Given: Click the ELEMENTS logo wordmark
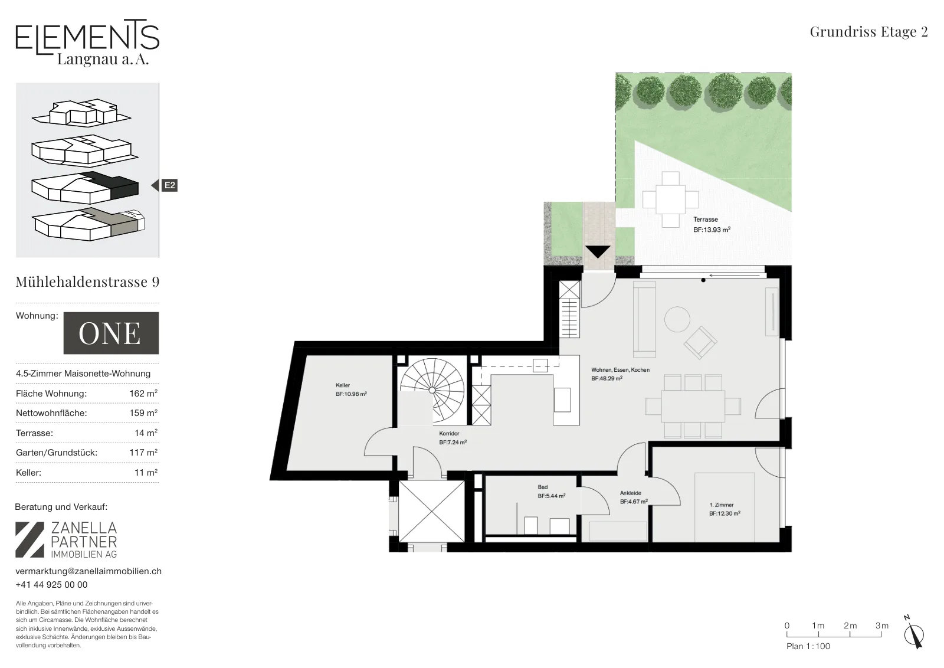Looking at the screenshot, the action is click(x=87, y=37).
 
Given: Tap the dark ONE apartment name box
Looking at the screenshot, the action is click(x=112, y=333).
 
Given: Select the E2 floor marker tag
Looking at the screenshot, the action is click(x=169, y=185).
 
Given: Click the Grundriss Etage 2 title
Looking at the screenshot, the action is click(x=868, y=32).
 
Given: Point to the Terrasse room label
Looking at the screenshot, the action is click(x=706, y=220).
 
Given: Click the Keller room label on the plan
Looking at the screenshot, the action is click(x=343, y=385).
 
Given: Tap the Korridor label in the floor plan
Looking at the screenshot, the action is click(x=449, y=433).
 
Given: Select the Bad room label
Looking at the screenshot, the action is click(x=543, y=487).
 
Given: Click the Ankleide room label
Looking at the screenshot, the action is click(x=631, y=493).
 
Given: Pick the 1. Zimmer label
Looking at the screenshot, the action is click(x=722, y=505).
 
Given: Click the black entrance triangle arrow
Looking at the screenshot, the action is click(x=598, y=251).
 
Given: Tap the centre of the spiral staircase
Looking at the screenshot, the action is click(x=432, y=390).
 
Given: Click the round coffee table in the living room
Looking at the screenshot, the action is click(x=677, y=319).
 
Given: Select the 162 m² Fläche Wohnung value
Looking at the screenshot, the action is click(x=143, y=394).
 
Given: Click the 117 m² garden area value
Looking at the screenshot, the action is click(x=143, y=453).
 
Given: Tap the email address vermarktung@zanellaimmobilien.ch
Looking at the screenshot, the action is click(x=88, y=571).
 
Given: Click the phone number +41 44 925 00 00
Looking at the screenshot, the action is click(x=51, y=585).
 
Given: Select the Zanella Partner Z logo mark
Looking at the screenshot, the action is click(x=29, y=540).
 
